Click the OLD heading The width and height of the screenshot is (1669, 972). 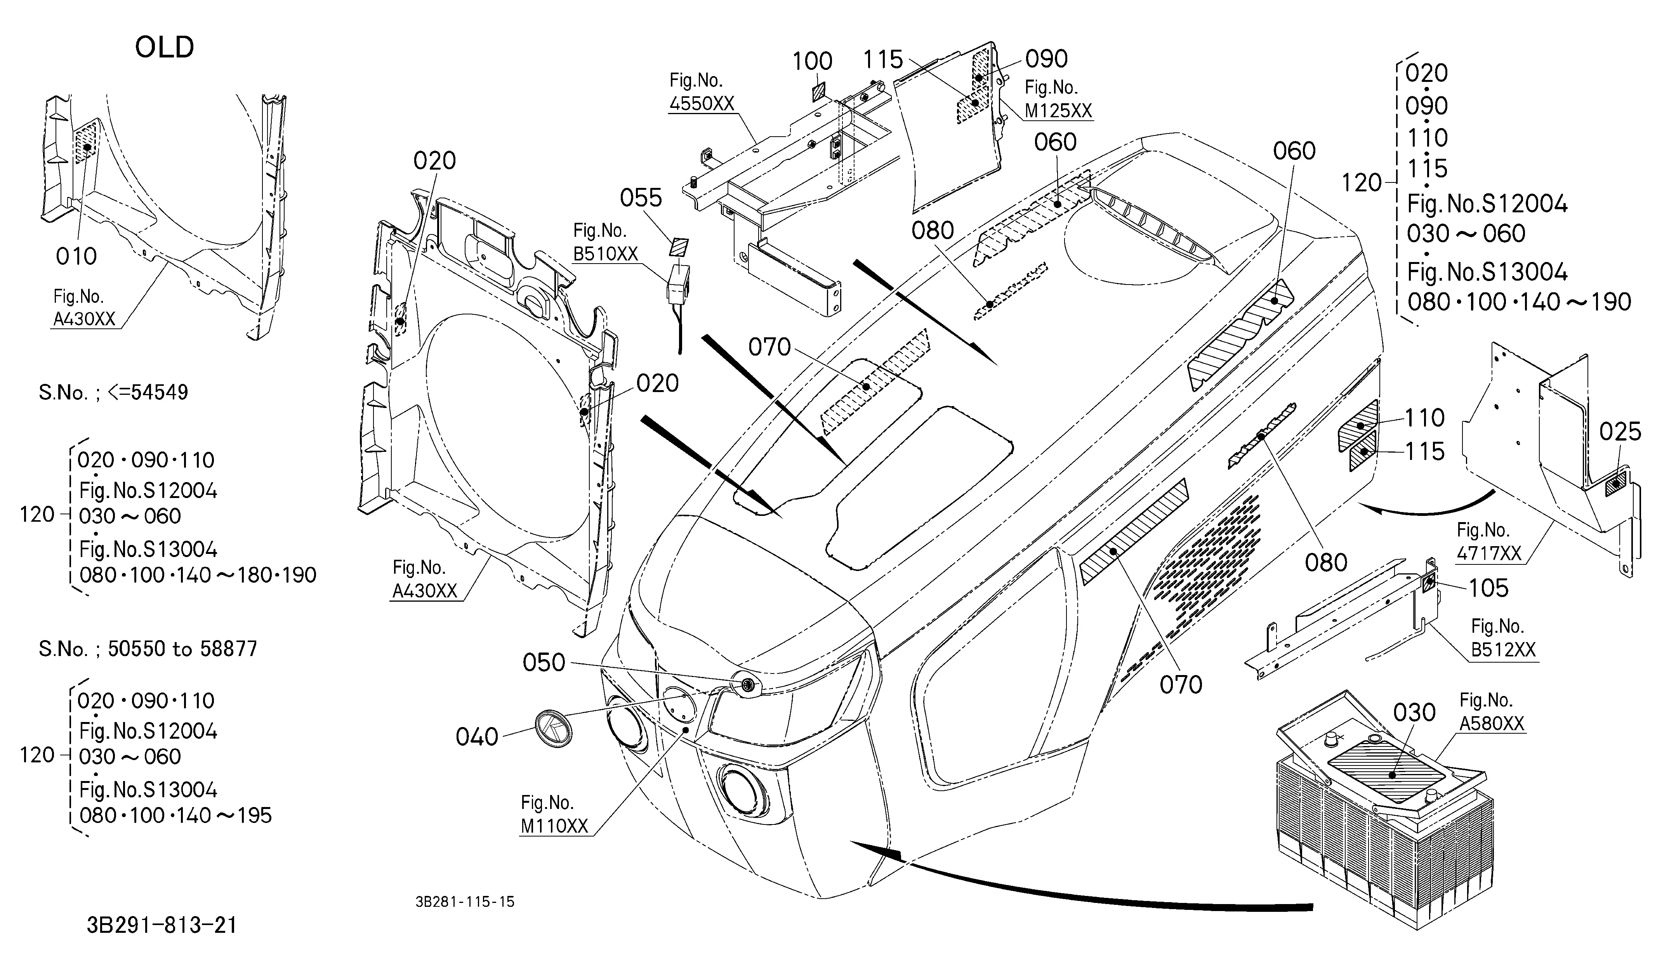click(164, 47)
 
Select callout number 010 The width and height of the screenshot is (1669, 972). click(76, 256)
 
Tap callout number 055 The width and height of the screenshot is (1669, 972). click(641, 198)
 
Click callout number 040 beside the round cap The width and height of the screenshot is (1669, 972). click(477, 736)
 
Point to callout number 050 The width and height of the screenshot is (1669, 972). click(544, 662)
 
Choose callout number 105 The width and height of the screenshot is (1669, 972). click(1489, 588)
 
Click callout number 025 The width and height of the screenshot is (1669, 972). click(1620, 432)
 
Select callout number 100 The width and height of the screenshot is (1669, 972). click(813, 62)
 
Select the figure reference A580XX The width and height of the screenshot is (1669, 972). click(1492, 724)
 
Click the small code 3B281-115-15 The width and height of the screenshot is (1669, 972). click(465, 902)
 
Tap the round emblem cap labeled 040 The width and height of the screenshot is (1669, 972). click(552, 728)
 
